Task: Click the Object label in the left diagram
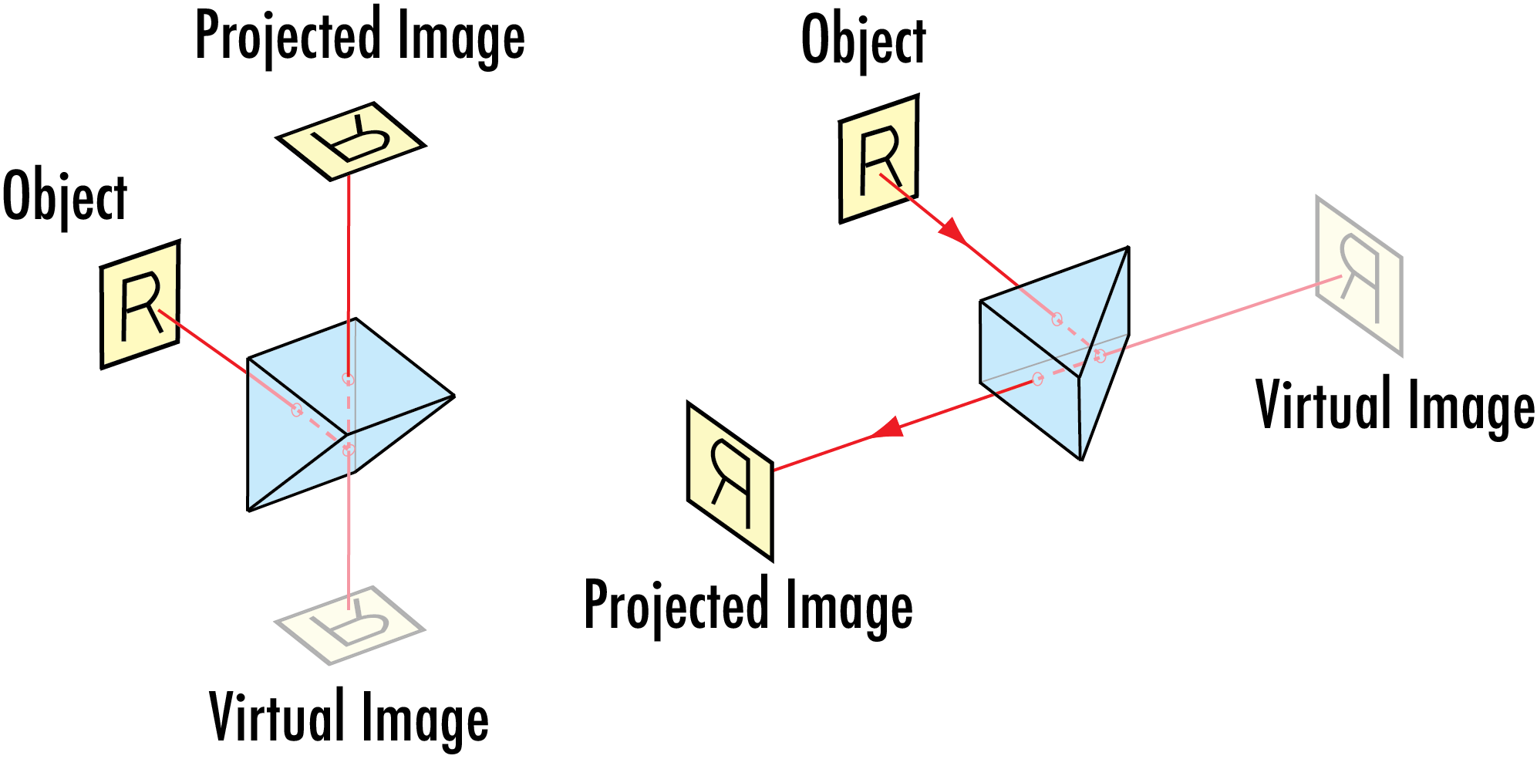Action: (65, 197)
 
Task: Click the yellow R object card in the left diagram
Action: (140, 304)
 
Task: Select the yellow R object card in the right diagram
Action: (878, 159)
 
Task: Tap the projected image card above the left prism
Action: (350, 141)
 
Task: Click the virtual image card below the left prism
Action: (349, 626)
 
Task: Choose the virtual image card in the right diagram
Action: (1358, 276)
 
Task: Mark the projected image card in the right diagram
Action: (729, 480)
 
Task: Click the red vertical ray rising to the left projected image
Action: (349, 270)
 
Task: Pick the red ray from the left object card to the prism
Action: (204, 342)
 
